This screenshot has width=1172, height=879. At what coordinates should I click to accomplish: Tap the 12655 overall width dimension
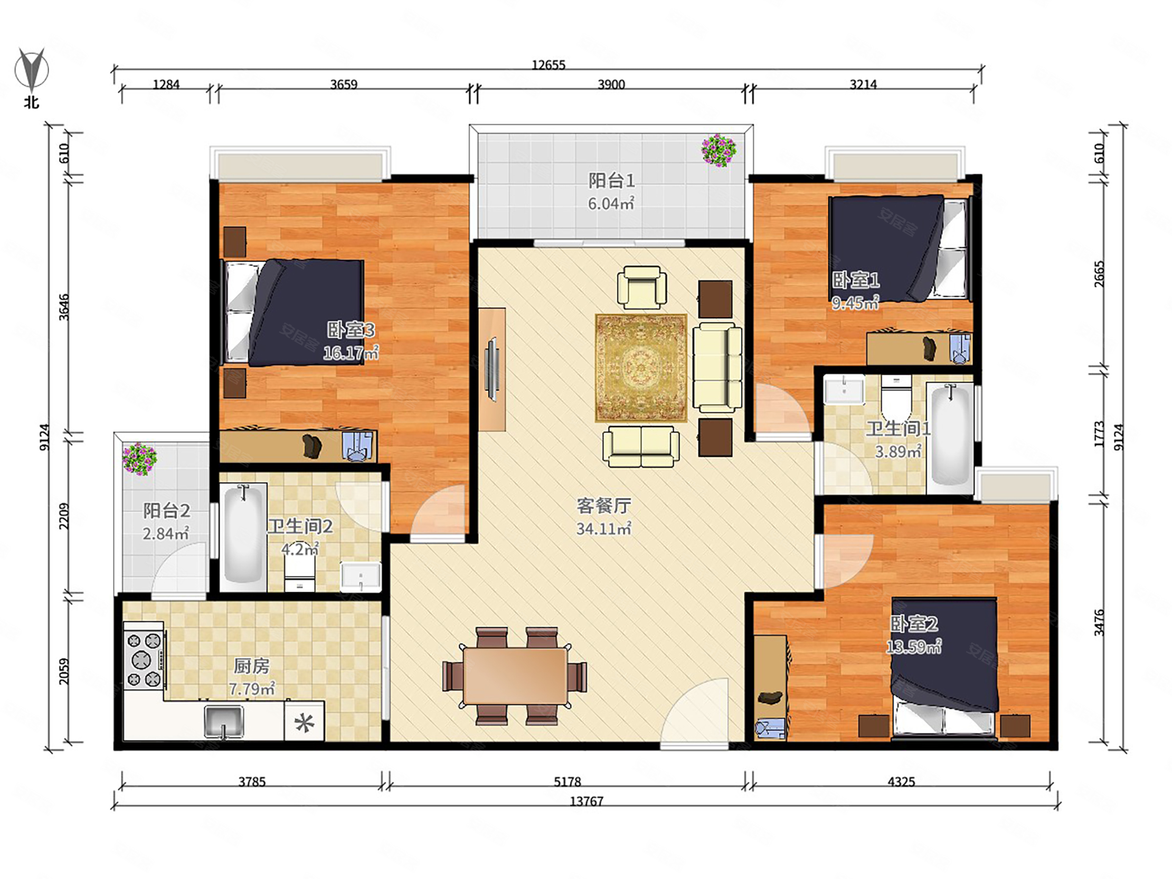click(549, 64)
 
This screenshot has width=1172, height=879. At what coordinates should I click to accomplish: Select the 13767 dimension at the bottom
click(586, 801)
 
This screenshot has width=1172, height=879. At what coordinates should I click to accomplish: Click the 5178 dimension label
click(567, 781)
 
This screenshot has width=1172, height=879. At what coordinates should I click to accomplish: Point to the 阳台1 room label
click(611, 181)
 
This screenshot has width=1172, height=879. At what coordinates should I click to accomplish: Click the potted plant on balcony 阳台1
click(719, 150)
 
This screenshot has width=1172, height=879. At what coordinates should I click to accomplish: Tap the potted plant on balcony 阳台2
click(139, 459)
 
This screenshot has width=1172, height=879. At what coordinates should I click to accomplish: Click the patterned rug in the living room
click(641, 368)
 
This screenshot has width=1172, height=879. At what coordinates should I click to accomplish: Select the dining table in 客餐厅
click(515, 677)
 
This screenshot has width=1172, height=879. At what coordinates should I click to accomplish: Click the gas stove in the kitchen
click(144, 661)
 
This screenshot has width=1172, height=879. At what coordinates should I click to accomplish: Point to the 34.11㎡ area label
click(603, 528)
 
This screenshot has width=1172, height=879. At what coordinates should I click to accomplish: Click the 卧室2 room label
click(914, 623)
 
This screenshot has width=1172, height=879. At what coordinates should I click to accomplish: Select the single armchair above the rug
click(641, 287)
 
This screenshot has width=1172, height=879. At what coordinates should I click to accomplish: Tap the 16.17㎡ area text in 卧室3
click(351, 353)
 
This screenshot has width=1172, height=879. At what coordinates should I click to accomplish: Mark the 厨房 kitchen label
click(252, 666)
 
